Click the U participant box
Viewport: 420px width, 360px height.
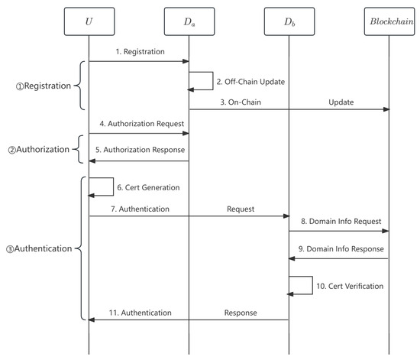[x=89, y=22]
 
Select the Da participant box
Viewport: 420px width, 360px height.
[x=189, y=22]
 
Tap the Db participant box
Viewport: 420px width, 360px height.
[x=289, y=22]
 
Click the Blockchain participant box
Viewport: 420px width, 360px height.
[x=389, y=22]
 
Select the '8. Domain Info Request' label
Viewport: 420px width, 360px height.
[x=341, y=222]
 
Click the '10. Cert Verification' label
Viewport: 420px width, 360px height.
[x=351, y=286]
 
